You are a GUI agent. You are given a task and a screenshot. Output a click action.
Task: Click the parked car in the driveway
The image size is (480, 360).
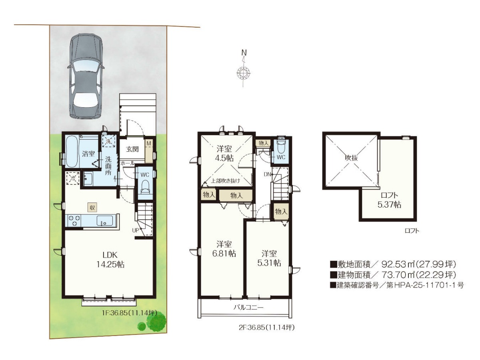pyautogui.click(x=85, y=76)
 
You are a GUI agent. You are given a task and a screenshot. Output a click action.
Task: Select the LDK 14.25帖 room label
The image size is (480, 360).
pyautogui.click(x=110, y=260)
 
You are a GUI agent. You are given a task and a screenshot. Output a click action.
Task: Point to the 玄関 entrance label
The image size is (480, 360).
pyautogui.click(x=132, y=149)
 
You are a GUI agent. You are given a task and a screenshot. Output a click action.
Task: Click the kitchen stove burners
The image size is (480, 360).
pyautogui.click(x=74, y=220)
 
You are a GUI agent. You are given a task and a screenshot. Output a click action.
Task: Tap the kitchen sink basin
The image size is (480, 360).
pyautogui.click(x=105, y=220)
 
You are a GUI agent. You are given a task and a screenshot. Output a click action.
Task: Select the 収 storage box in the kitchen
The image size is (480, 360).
pyautogui.click(x=92, y=207)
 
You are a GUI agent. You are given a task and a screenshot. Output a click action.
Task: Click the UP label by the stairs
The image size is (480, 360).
pyautogui.click(x=135, y=230)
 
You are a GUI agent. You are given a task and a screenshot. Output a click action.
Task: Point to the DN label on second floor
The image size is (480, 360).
pyautogui.click(x=267, y=174)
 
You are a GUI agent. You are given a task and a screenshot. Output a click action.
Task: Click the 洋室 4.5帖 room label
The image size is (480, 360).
pyautogui.click(x=224, y=153)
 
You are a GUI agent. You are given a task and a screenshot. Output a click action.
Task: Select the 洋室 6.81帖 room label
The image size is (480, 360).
pyautogui.click(x=224, y=249)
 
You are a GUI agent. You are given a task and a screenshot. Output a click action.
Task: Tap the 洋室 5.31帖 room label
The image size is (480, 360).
pyautogui.click(x=269, y=258)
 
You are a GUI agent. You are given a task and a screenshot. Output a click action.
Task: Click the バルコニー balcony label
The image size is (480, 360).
pyautogui.click(x=248, y=307)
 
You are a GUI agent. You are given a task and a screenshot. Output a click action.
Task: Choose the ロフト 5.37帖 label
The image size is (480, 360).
pyautogui.click(x=389, y=200)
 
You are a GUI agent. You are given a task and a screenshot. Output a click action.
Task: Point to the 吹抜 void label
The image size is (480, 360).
pyautogui.click(x=352, y=158)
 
